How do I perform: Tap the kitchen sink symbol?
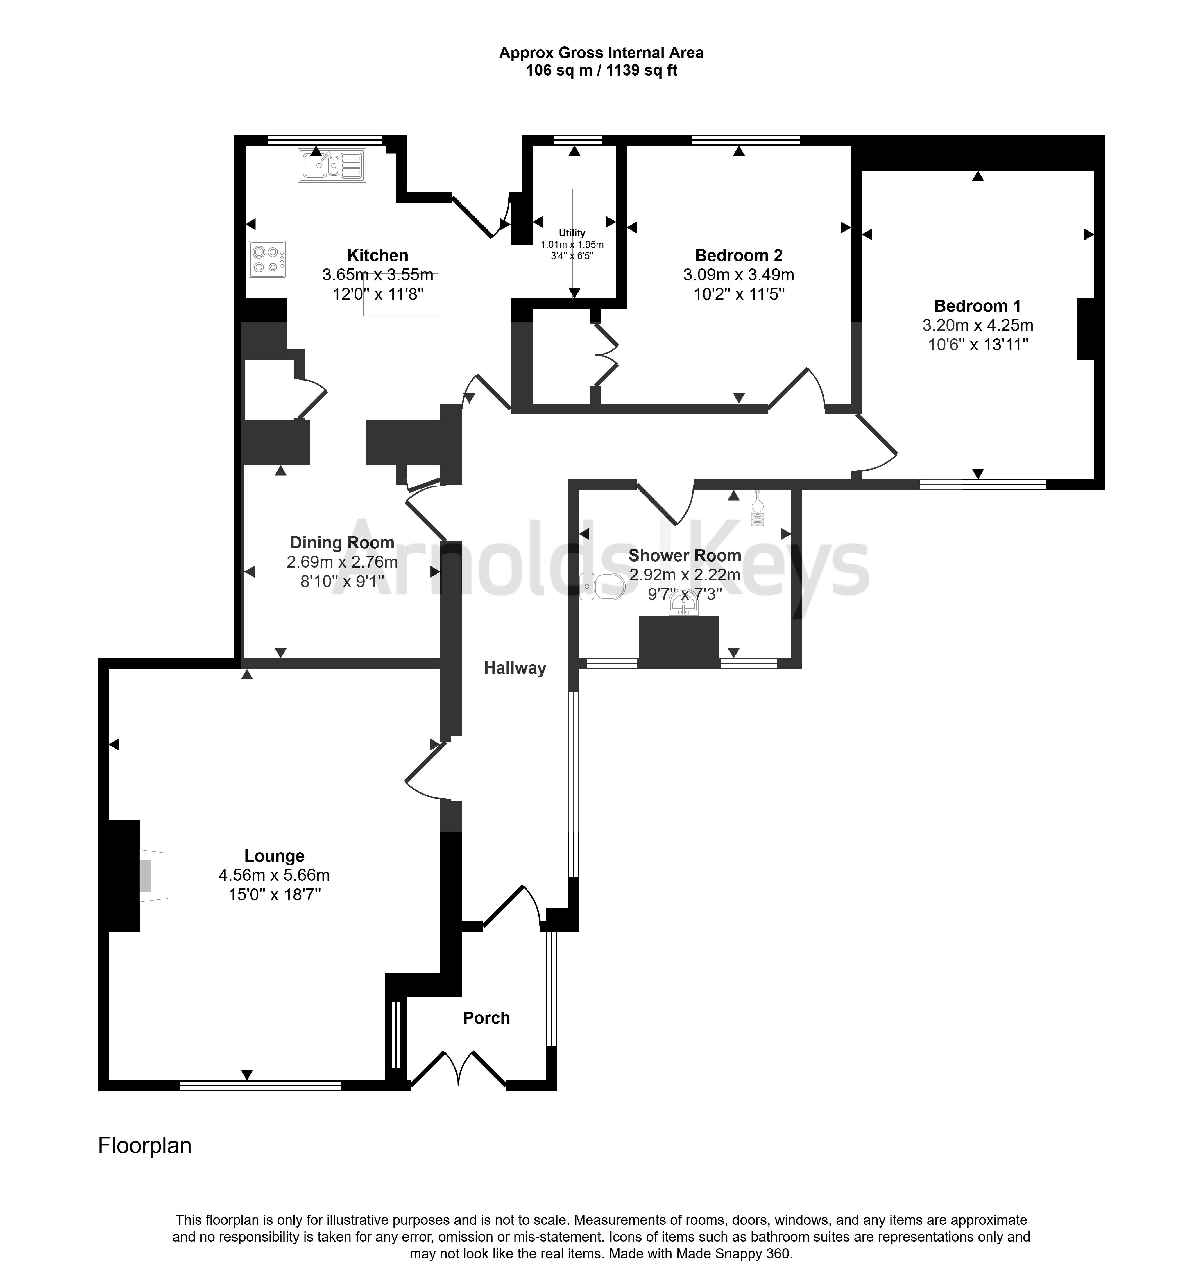pos(332,165)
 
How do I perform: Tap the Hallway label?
pos(515,668)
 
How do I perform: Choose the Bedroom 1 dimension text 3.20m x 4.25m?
pos(978,326)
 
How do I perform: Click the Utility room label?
pos(572,233)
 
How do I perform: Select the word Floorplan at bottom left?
pos(145,1145)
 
